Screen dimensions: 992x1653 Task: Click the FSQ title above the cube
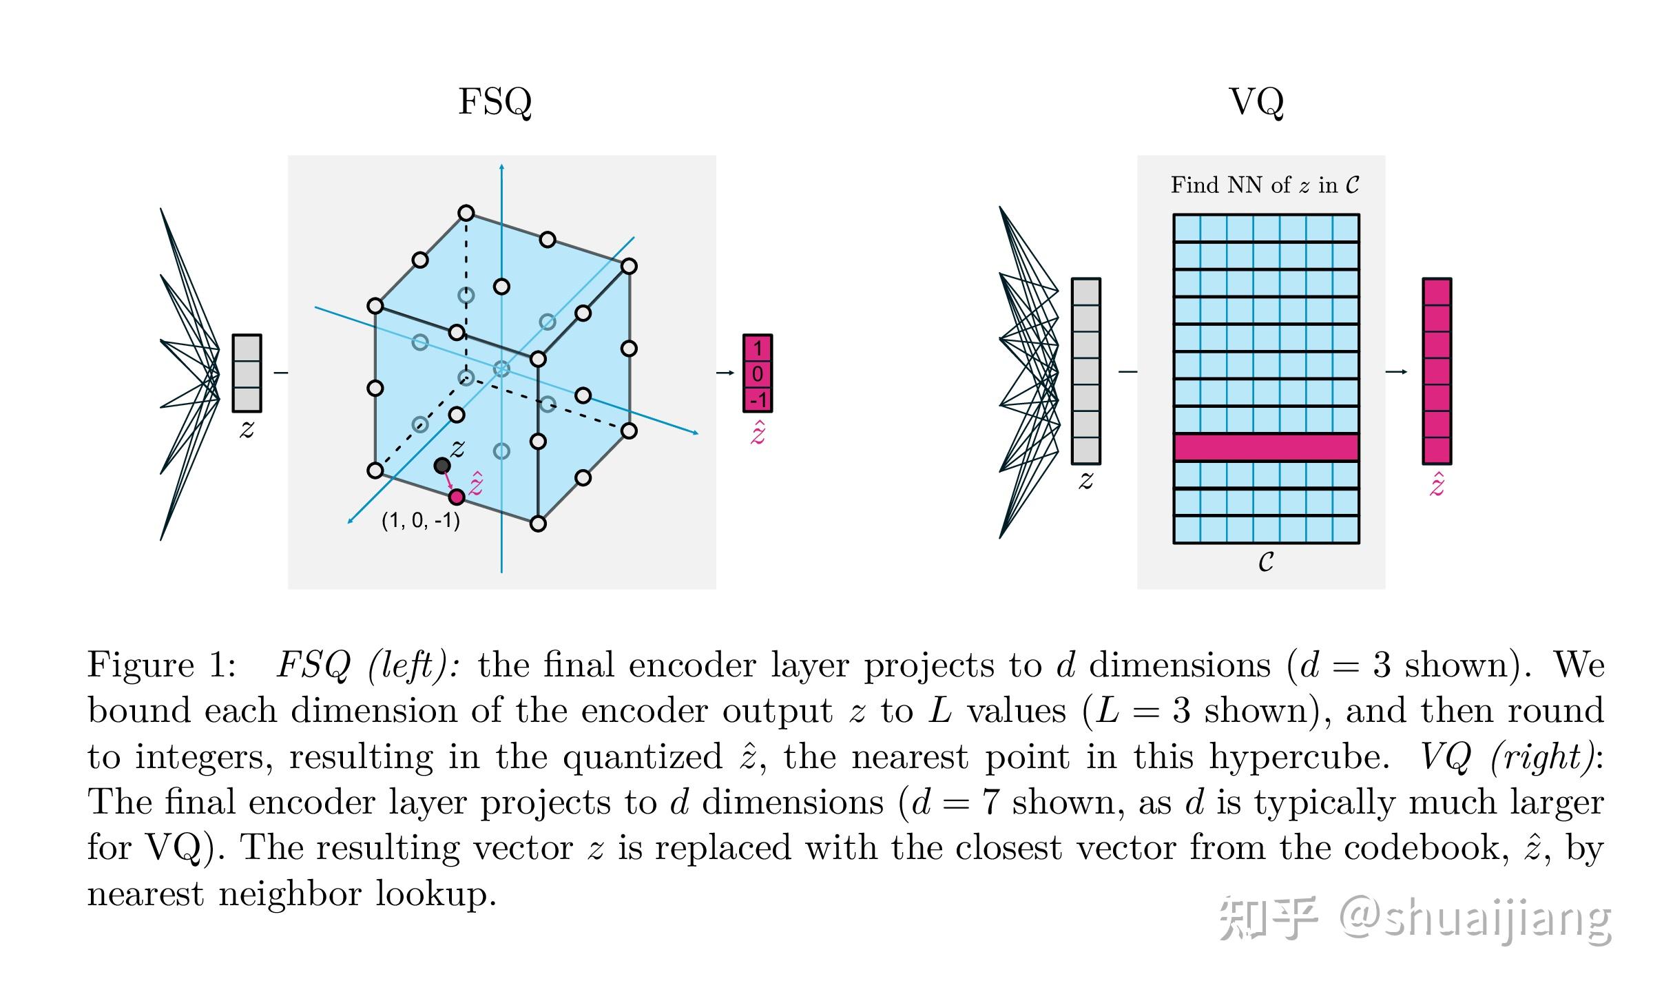pos(495,102)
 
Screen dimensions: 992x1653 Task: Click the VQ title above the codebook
pos(1256,102)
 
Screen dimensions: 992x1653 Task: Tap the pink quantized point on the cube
pos(457,497)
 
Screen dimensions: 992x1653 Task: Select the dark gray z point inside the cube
pos(441,466)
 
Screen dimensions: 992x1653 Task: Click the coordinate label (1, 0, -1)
pos(421,521)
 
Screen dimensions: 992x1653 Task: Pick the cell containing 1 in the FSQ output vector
pos(758,348)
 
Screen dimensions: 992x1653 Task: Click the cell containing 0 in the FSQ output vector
pos(758,373)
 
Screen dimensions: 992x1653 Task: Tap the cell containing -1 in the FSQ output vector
pos(758,400)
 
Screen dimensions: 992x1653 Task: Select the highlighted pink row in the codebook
pos(1266,447)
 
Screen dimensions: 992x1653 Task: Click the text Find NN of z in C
pos(1265,185)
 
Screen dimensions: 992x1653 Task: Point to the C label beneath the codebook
pos(1266,562)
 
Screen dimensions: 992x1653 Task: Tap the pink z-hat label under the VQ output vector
pos(1437,486)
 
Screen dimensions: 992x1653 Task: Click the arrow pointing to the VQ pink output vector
pos(1396,372)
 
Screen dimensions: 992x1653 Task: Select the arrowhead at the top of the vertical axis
pos(501,167)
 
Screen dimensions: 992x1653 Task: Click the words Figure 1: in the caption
pos(163,665)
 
